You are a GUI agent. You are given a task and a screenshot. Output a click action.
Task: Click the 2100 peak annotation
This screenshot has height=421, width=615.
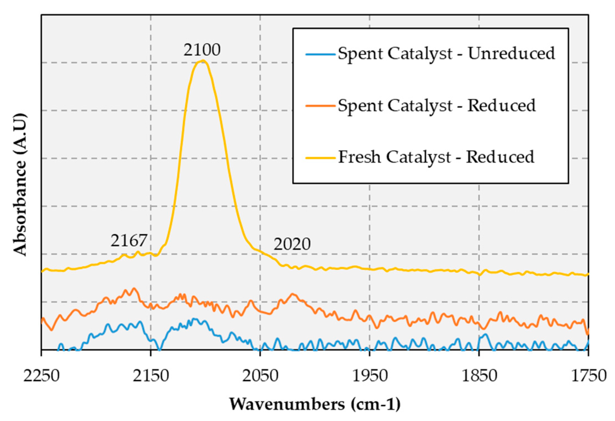pos(202,50)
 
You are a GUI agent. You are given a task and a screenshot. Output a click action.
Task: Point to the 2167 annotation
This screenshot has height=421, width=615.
pos(129,240)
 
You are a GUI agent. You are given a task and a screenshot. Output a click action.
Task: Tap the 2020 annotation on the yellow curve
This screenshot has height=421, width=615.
pos(292,244)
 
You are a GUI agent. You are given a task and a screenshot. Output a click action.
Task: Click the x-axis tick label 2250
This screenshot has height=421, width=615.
pos(42,376)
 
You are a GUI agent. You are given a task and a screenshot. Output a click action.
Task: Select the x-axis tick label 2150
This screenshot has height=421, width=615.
pos(151,376)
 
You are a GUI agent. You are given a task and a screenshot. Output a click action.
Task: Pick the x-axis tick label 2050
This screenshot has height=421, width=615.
pos(260,376)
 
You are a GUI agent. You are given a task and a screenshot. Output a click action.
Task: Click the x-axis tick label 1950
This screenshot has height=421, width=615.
pos(370,376)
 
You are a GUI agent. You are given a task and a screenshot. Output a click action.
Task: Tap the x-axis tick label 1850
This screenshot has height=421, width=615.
pos(479,376)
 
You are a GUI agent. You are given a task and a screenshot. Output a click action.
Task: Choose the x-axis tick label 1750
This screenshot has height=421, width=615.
pos(589,376)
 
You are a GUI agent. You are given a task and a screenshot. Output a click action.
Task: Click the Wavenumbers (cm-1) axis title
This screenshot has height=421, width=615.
pos(315,404)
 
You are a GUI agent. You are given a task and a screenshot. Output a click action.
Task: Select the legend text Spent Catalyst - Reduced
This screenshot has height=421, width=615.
pos(436,105)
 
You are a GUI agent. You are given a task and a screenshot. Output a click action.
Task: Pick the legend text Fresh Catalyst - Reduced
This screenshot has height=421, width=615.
pos(436,157)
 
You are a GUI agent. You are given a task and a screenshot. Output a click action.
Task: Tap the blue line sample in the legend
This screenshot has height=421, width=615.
pos(320,54)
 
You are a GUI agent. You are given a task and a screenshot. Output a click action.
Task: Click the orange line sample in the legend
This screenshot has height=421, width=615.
pos(320,106)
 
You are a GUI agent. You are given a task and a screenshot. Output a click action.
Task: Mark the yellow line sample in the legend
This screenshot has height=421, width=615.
pos(320,158)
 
